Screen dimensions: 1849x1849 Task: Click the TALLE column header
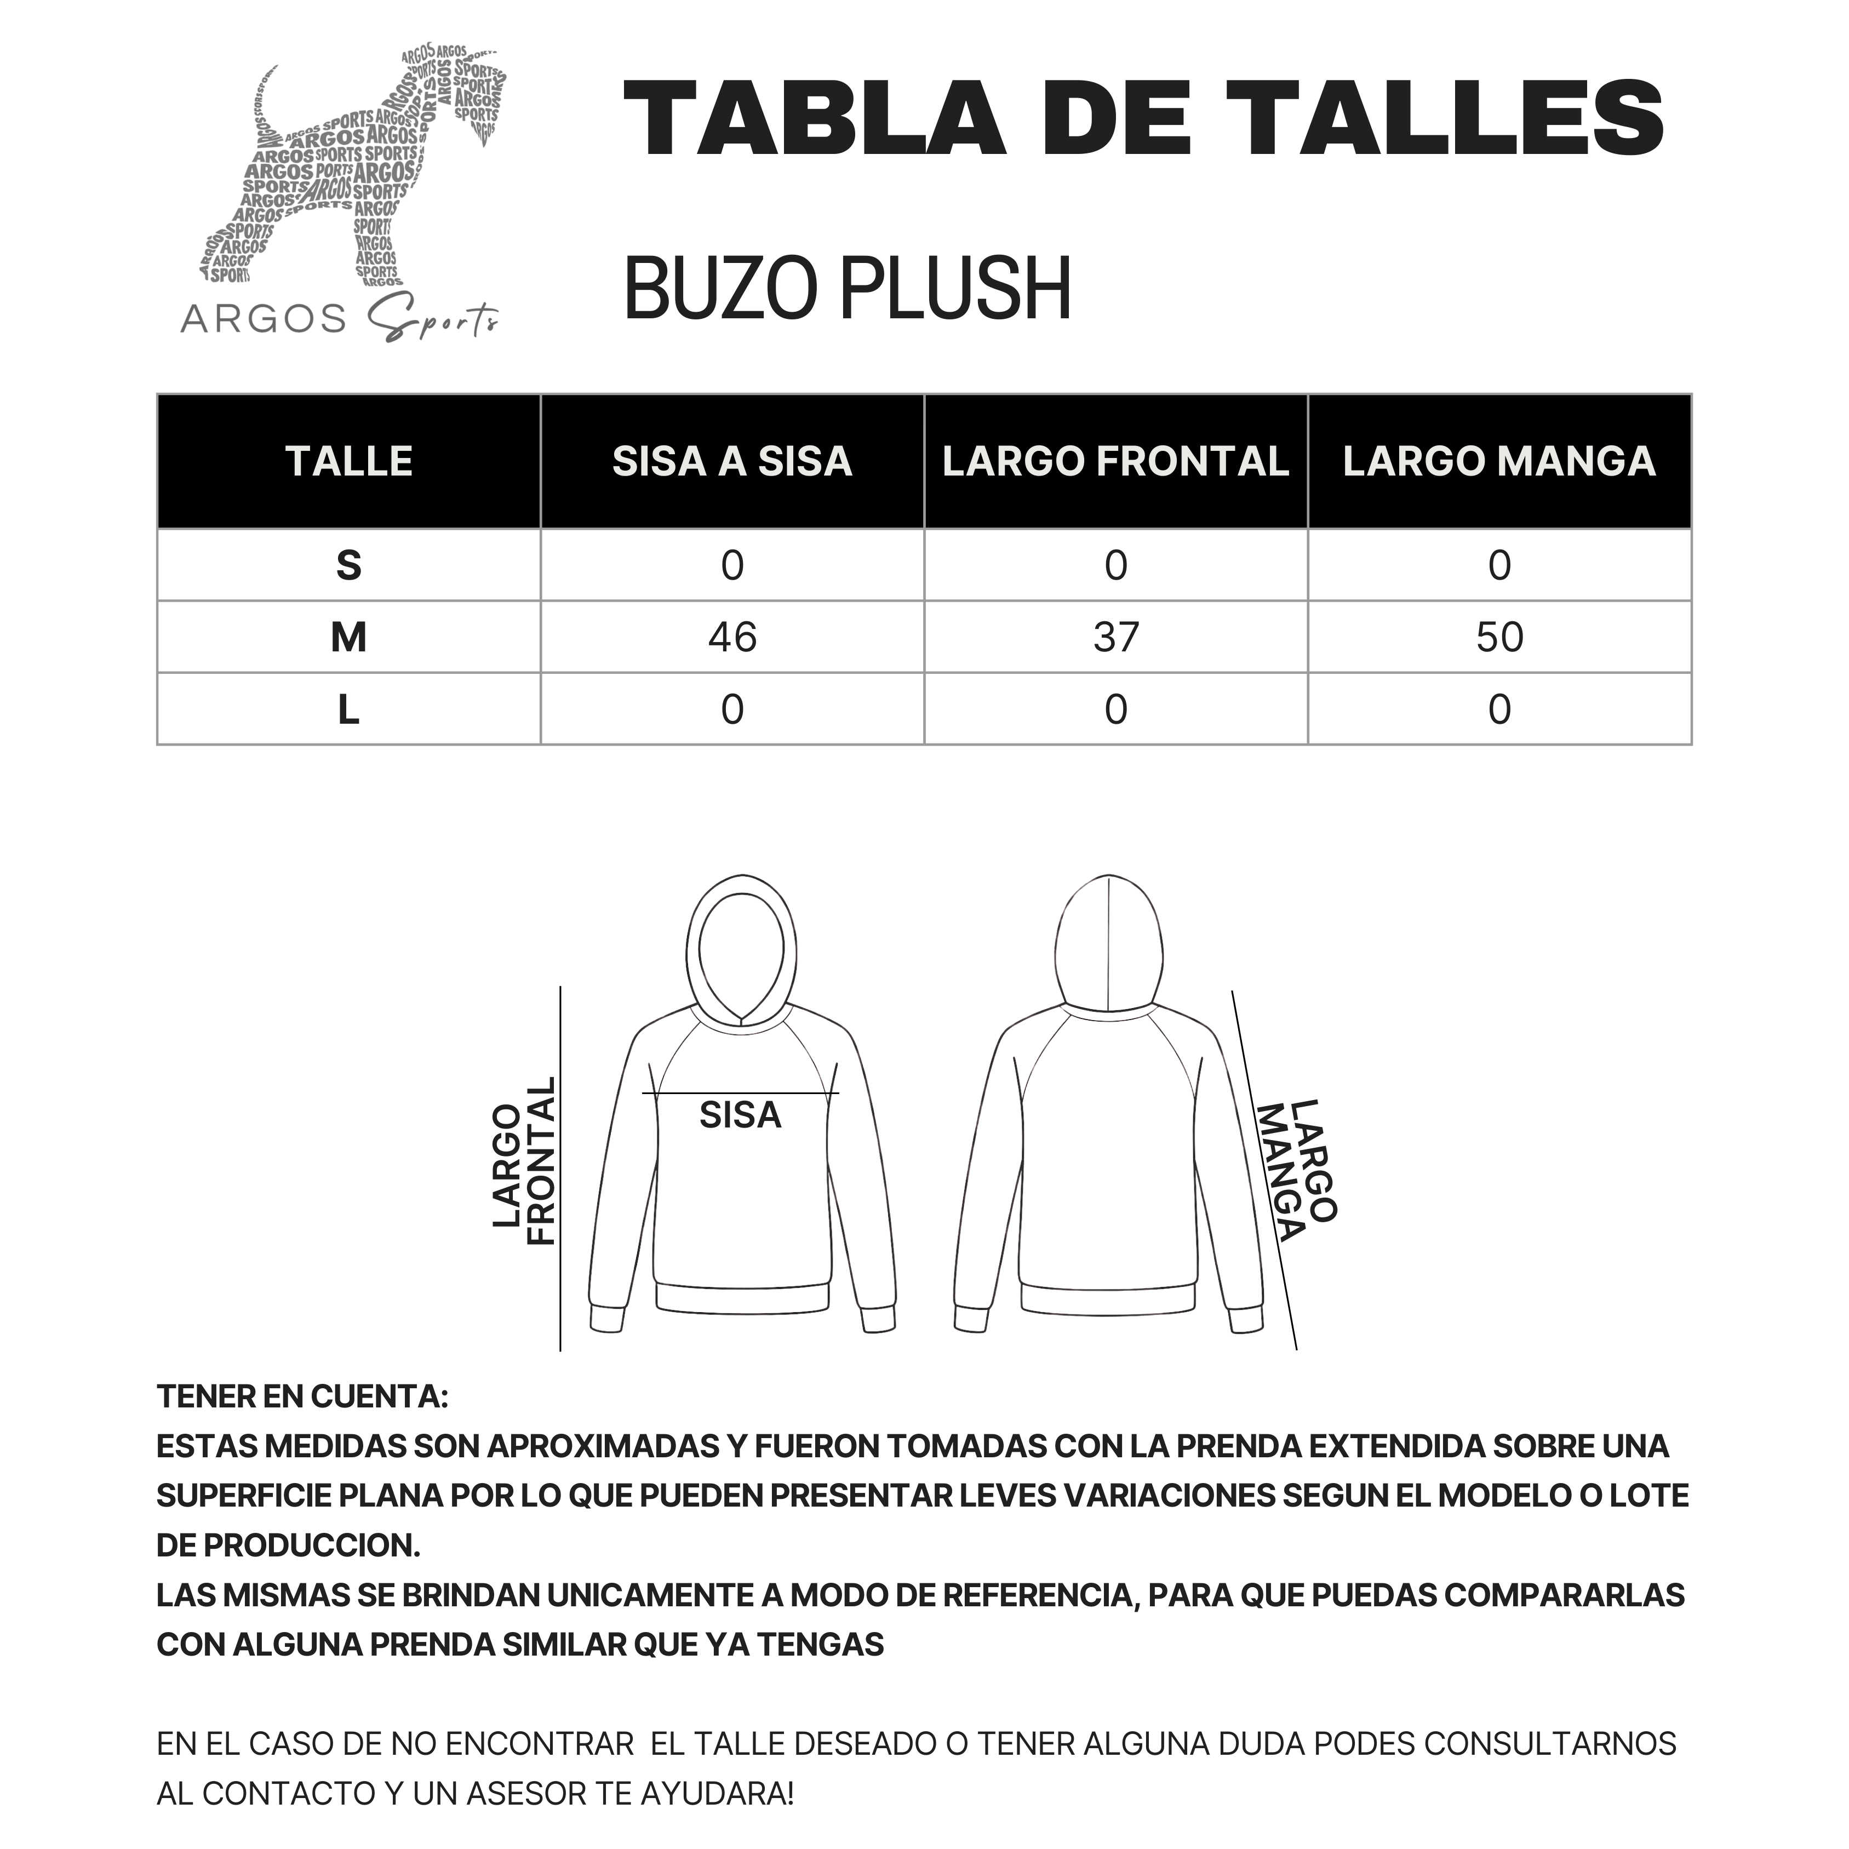pyautogui.click(x=348, y=461)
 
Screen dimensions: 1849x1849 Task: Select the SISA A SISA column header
pyautogui.click(x=732, y=461)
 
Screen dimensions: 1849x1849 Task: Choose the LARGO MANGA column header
pyautogui.click(x=1499, y=461)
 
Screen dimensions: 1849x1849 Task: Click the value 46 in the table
pyautogui.click(x=732, y=637)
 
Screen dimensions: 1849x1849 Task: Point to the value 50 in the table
pyautogui.click(x=1499, y=637)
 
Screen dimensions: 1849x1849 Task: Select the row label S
pyautogui.click(x=348, y=565)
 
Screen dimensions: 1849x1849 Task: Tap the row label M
pyautogui.click(x=348, y=637)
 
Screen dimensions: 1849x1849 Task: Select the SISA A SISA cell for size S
pyautogui.click(x=732, y=565)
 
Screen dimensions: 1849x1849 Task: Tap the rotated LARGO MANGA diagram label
pyautogui.click(x=1297, y=1170)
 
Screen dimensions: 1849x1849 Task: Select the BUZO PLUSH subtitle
pyautogui.click(x=847, y=289)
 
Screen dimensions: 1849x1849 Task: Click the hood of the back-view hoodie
pyautogui.click(x=1108, y=943)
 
